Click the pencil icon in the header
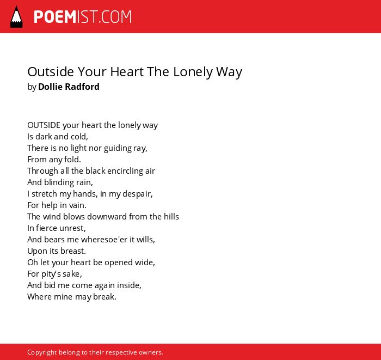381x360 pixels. pyautogui.click(x=16, y=17)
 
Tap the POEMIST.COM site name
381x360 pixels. pyautogui.click(x=83, y=17)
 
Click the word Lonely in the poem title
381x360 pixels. pyautogui.click(x=193, y=72)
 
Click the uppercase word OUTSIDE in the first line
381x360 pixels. pyautogui.click(x=44, y=125)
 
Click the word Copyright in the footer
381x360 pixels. pyautogui.click(x=42, y=352)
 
